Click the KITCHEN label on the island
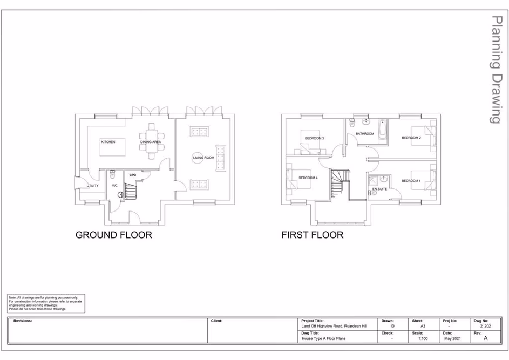pyautogui.click(x=108, y=142)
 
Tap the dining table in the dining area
pyautogui.click(x=151, y=142)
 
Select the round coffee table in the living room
pyautogui.click(x=199, y=158)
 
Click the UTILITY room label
pyautogui.click(x=92, y=186)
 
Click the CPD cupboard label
pyautogui.click(x=133, y=175)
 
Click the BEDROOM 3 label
pyautogui.click(x=314, y=139)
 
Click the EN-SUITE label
pyautogui.click(x=379, y=189)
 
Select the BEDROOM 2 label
pyautogui.click(x=411, y=138)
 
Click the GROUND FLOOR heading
pyautogui.click(x=113, y=235)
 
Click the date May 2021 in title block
pyautogui.click(x=452, y=339)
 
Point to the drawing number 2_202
pyautogui.click(x=485, y=327)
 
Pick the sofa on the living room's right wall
pyautogui.click(x=220, y=158)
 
